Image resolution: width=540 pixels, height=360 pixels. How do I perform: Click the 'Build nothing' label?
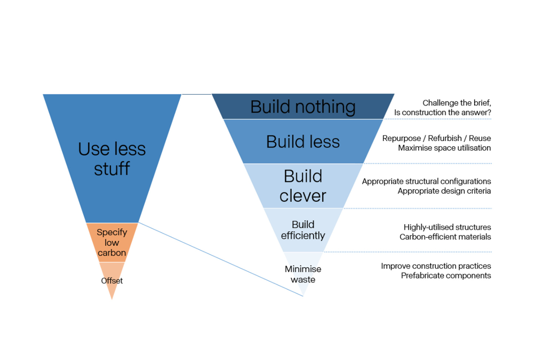[303, 107]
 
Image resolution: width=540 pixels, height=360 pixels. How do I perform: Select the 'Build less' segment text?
[303, 142]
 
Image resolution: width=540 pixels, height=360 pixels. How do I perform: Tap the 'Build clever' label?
[303, 186]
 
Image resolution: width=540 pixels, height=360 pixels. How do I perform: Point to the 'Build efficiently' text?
[303, 230]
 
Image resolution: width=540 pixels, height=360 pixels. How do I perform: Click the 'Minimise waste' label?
[303, 274]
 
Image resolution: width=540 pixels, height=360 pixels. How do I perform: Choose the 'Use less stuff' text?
[112, 159]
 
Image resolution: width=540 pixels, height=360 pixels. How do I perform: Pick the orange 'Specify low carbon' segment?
[112, 242]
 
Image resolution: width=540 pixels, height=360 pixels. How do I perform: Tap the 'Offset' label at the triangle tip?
[112, 280]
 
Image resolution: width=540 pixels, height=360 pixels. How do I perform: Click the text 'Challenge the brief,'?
[456, 103]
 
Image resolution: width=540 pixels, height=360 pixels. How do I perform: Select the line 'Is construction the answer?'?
[442, 112]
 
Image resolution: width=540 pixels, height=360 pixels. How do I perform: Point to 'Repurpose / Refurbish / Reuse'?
[436, 138]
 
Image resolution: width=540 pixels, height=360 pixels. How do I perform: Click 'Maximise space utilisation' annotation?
[444, 148]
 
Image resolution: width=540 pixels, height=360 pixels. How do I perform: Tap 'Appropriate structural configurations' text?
[426, 181]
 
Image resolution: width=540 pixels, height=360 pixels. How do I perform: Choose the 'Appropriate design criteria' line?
[444, 191]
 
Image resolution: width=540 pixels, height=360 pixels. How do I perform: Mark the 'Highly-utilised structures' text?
[447, 227]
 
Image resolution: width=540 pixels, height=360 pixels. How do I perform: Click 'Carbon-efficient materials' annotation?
[445, 237]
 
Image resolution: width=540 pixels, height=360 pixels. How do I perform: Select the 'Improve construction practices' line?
[436, 266]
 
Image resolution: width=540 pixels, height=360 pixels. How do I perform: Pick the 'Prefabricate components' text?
[446, 276]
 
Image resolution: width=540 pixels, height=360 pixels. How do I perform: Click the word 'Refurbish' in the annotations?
[445, 138]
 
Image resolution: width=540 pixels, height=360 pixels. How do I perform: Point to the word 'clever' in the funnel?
[303, 196]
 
